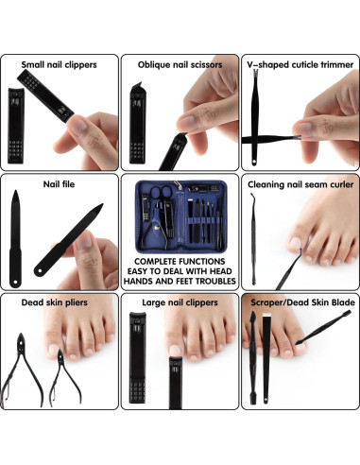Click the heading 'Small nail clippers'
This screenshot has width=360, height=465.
coord(60,64)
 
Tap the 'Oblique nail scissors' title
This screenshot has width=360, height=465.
coord(180,64)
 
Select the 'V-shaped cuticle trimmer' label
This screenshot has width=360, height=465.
coord(299,64)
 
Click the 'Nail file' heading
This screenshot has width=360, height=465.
coord(60,184)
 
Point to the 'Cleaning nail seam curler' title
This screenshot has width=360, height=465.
coord(299,184)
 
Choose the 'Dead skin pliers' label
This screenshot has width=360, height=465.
coord(60,303)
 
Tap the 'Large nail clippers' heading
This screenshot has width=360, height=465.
coord(180,303)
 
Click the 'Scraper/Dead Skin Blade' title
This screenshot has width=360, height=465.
coord(299,303)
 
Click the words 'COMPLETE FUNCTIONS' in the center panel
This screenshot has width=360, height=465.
coord(180,258)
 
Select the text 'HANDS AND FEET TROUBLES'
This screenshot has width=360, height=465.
coord(180,280)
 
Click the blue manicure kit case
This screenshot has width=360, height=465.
coord(180,214)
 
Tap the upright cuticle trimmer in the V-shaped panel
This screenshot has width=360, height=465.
coord(255,118)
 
